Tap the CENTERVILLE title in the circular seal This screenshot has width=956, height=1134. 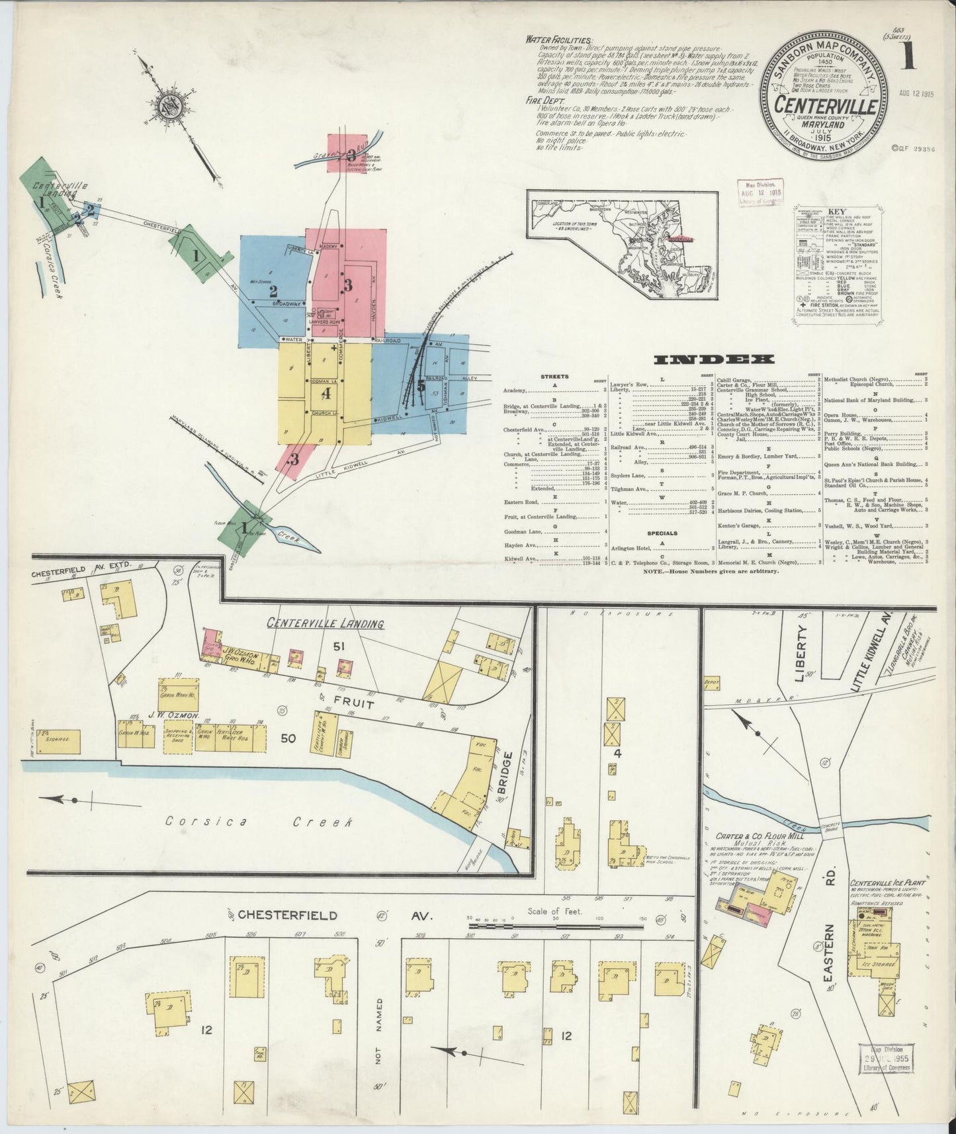click(x=827, y=105)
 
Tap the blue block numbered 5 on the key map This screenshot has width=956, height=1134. click(x=421, y=384)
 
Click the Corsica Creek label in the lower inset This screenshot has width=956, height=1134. click(x=258, y=822)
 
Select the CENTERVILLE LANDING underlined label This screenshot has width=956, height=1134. click(x=325, y=623)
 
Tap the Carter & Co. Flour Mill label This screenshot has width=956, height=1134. click(x=749, y=836)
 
